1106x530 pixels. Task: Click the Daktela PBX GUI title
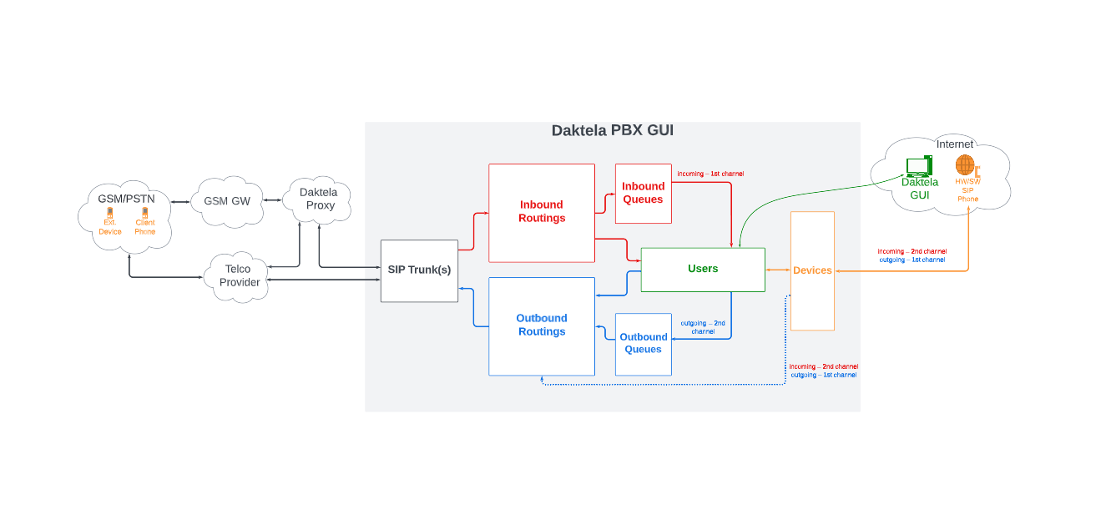(612, 131)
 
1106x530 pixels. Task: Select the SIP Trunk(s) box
(419, 270)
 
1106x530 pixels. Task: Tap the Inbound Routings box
(542, 212)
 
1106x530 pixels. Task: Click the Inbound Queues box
(643, 193)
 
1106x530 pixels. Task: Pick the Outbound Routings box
(542, 326)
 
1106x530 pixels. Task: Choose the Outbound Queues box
(643, 344)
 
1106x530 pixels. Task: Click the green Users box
(703, 269)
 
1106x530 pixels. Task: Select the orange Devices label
(812, 270)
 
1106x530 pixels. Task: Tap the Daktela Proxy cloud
(318, 199)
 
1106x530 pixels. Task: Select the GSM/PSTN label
(126, 199)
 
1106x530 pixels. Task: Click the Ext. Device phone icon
(110, 214)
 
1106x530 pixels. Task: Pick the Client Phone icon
(144, 214)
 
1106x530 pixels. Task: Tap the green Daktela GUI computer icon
(918, 165)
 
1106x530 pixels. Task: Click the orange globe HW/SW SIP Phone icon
(966, 165)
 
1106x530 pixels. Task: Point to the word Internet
(954, 144)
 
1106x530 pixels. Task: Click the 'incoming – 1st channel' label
(710, 174)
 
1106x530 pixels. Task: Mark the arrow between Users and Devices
(778, 270)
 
